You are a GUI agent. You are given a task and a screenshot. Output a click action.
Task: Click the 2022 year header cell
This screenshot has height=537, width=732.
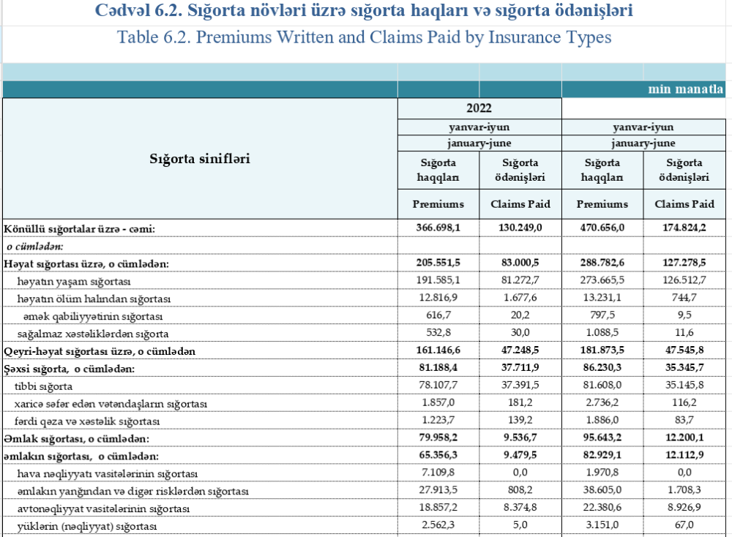point(479,108)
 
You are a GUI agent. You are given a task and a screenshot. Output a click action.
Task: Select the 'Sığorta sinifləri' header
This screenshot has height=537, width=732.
point(200,158)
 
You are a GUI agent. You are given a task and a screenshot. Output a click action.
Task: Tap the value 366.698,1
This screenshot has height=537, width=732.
point(438,228)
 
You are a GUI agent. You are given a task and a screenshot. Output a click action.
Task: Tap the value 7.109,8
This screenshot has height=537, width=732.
point(438,473)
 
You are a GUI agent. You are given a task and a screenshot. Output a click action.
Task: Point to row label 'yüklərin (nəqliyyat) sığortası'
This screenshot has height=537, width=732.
point(88,526)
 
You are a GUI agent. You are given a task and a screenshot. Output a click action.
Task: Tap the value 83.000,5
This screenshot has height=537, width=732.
point(520,263)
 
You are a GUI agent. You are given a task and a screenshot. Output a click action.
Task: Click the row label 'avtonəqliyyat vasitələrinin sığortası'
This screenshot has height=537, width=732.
point(103,508)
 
